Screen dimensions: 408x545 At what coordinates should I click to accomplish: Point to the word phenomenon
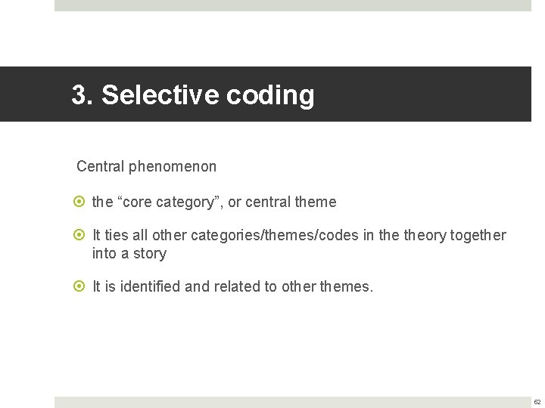pos(173,166)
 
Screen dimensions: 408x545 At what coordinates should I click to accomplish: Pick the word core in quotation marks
pos(136,202)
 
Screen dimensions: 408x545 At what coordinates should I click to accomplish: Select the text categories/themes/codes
pos(275,236)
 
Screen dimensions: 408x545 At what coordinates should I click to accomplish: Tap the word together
pos(478,236)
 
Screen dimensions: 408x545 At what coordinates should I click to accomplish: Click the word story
pos(149,254)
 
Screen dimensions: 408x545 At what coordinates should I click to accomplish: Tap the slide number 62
pos(537,402)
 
